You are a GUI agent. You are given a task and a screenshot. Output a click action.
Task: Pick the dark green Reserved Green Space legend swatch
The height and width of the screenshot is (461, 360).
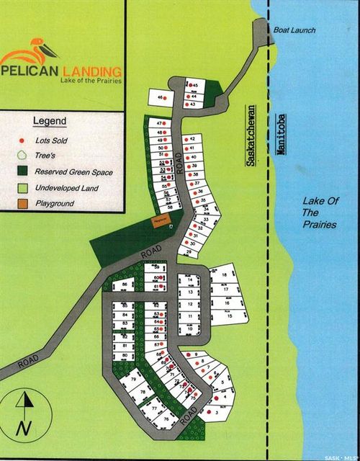point(22,172)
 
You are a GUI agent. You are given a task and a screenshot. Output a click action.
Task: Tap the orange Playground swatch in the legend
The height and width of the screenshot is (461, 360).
point(22,204)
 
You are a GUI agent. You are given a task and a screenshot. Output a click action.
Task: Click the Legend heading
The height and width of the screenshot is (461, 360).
point(49,120)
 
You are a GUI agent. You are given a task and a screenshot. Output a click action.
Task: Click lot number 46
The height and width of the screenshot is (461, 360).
point(161,97)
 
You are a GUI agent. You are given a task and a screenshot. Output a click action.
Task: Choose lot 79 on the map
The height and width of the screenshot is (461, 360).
point(134,380)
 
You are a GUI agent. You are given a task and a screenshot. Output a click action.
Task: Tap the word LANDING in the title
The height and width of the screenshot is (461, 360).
point(91,71)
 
